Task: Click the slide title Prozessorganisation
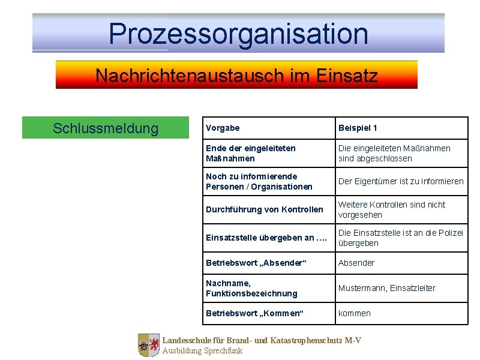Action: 238,34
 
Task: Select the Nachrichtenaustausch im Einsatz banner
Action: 236,76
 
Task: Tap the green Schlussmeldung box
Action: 106,128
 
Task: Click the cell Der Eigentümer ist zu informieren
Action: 401,181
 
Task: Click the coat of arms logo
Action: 149,346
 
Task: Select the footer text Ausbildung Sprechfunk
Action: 202,351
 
